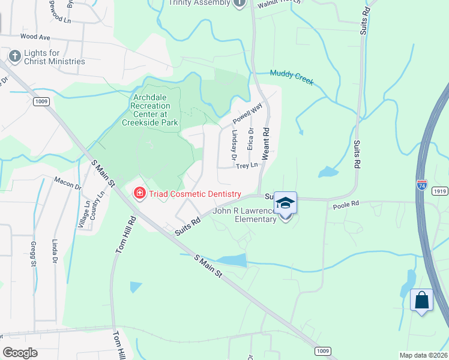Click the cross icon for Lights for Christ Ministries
pyautogui.click(x=14, y=56)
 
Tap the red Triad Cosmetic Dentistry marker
pyautogui.click(x=139, y=193)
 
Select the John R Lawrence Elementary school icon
pyautogui.click(x=286, y=204)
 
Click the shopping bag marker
pyautogui.click(x=421, y=299)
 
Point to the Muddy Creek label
pyautogui.click(x=292, y=77)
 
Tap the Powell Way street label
pyautogui.click(x=247, y=112)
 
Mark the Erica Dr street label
pyautogui.click(x=251, y=139)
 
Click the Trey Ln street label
pyautogui.click(x=247, y=165)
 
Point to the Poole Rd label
pyautogui.click(x=345, y=205)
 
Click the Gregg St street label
pyautogui.click(x=34, y=253)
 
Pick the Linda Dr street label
pyautogui.click(x=55, y=252)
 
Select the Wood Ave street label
pyautogui.click(x=35, y=37)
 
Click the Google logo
pyautogui.click(x=21, y=353)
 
